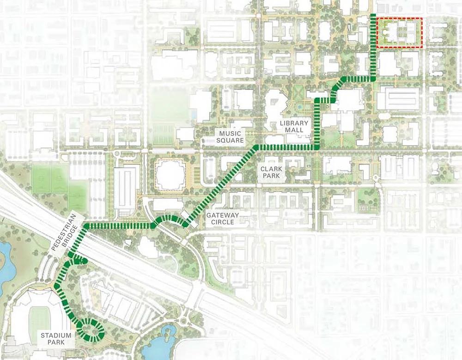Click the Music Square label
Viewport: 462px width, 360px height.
point(231,137)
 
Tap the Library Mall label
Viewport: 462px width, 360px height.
point(294,127)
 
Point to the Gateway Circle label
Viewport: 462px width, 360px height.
point(223,219)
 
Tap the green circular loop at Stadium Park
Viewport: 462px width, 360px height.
point(91,329)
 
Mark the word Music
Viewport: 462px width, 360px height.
point(231,133)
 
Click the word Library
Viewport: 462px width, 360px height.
point(294,123)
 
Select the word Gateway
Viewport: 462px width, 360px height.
point(223,215)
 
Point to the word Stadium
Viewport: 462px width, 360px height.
point(55,335)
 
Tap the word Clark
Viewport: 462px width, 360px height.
point(271,169)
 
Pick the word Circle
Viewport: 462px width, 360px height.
point(223,222)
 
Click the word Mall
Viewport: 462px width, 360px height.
point(294,130)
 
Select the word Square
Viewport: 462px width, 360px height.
point(231,140)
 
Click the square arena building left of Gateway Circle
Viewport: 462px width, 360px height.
point(170,175)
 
